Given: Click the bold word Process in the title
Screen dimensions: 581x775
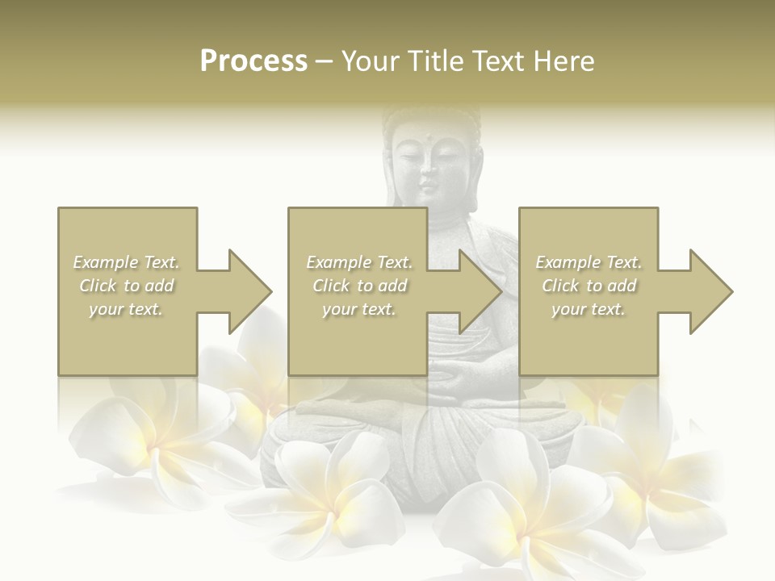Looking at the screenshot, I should (253, 61).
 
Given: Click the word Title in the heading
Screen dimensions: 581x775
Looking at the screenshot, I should (437, 61).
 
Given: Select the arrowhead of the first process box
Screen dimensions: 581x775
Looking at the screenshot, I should (242, 291).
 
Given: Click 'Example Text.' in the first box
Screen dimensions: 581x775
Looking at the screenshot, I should (127, 262).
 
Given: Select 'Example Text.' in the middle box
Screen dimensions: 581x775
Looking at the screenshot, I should (359, 262).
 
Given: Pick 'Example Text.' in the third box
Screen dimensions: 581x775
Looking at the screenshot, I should (589, 262).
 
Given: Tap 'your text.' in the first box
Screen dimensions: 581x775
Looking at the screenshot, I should (127, 309).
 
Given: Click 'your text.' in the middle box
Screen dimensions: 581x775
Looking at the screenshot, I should (359, 309).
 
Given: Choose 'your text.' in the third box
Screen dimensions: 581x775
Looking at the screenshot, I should (589, 309).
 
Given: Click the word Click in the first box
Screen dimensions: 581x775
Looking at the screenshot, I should (98, 286).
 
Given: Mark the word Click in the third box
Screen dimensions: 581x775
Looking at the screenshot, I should (560, 286).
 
